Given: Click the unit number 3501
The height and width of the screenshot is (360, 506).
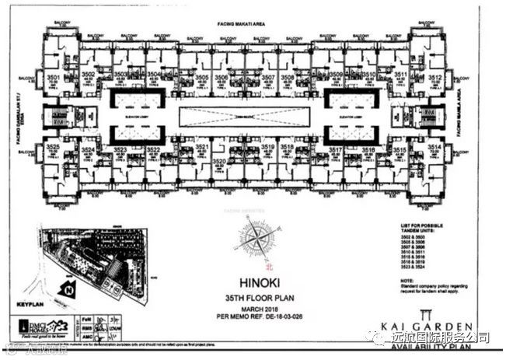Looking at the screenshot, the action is [54, 78].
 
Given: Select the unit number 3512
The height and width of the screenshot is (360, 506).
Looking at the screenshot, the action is [435, 78].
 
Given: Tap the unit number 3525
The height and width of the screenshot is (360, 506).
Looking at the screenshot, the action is [53, 147].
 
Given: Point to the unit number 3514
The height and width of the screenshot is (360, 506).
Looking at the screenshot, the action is [434, 147].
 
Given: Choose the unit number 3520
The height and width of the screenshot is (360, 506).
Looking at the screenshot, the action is [218, 161].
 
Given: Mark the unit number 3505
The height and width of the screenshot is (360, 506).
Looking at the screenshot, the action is [201, 78].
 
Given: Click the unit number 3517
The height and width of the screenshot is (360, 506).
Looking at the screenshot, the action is [336, 149].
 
